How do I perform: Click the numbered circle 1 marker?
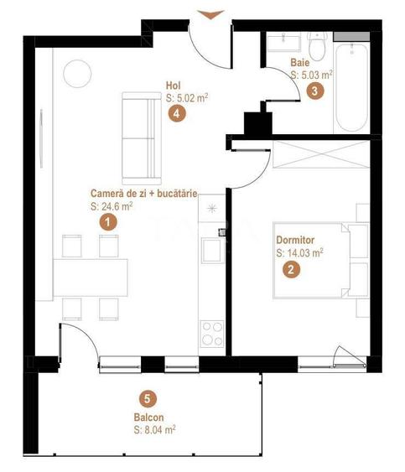pos(106,222)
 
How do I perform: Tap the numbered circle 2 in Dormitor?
pos(290,269)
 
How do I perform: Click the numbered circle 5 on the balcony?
pos(148,400)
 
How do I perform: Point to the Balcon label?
pos(148,417)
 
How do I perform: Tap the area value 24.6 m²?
pos(112,205)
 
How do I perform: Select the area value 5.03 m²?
pos(311,75)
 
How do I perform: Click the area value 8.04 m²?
pos(153,429)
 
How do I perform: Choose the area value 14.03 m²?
pos(299,252)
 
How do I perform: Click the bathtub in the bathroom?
pos(350,88)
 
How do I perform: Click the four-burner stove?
pos(210,334)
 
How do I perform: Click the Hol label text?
pos(174,85)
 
